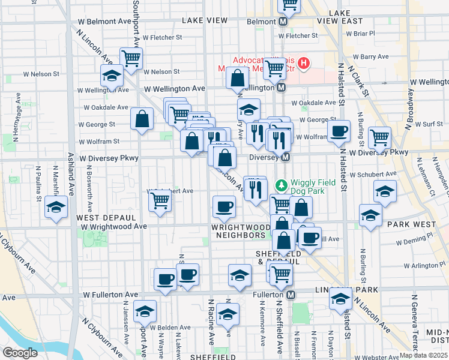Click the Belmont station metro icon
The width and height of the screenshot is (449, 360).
pos(283,21)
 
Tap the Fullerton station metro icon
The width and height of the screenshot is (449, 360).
pos(291,295)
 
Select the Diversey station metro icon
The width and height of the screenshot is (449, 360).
pos(286,157)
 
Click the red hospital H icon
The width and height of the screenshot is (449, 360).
pos(304,62)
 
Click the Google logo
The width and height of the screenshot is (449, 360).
pos(20,353)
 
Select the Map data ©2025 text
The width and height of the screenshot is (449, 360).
pos(423,355)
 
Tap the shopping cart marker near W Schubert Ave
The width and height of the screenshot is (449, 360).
pos(159,200)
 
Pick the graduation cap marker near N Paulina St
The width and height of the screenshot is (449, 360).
pos(56,208)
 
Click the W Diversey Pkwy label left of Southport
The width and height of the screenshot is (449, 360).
pos(109,158)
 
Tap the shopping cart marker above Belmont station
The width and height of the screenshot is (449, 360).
pos(289,5)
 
